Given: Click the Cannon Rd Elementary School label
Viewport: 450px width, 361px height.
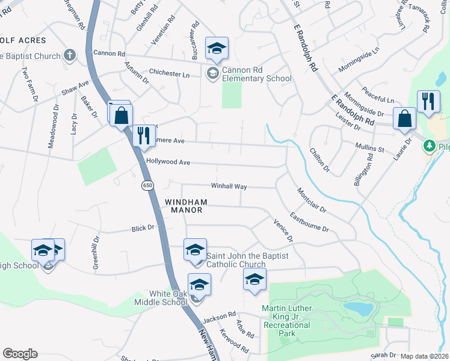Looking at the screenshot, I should click(x=256, y=75).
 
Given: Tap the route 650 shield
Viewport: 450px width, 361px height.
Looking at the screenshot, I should click(x=147, y=186).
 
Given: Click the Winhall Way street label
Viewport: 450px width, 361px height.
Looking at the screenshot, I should click(x=229, y=187).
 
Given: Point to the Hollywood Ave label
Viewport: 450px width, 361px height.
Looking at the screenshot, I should click(x=168, y=162).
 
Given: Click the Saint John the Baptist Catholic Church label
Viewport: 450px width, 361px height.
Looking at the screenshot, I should click(x=247, y=261).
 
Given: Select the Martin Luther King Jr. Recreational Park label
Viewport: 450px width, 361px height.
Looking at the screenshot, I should click(x=286, y=325).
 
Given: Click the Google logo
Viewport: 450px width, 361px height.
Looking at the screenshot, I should click(x=20, y=354).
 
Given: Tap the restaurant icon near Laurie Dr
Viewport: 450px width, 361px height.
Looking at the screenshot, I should click(x=428, y=102).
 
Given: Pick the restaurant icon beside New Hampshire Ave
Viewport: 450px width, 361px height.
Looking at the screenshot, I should click(x=143, y=135).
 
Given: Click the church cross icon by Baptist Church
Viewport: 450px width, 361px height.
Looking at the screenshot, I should click(x=70, y=56).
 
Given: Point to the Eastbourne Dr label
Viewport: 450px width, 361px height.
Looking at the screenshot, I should click(x=309, y=222).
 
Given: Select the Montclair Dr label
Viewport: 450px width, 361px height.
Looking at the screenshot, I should click(x=311, y=201).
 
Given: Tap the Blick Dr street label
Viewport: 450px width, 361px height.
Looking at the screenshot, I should click(x=143, y=229).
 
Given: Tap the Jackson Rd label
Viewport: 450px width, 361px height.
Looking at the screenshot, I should click(x=219, y=316).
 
